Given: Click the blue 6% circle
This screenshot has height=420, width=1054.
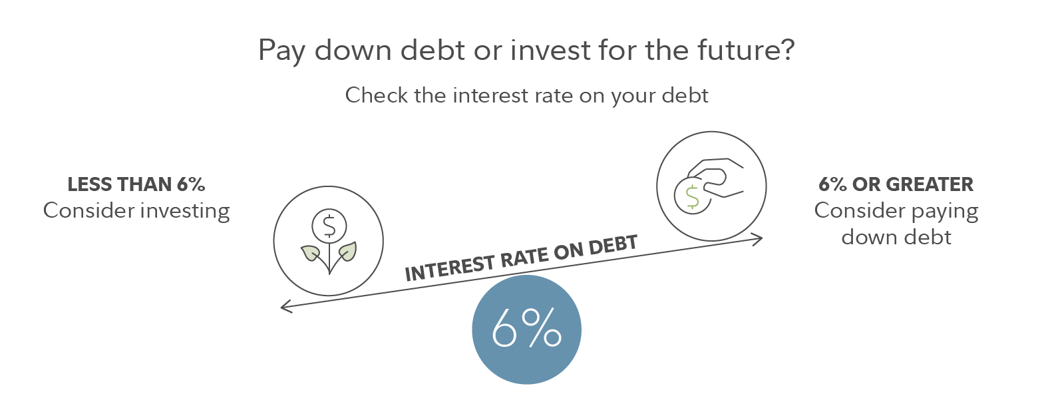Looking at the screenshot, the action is point(526,329).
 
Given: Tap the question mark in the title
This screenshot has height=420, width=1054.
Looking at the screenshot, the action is point(787,49).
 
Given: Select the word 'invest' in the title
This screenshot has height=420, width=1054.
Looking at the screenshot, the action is point(550,49).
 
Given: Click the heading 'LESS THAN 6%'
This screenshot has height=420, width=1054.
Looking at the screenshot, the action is point(136,184).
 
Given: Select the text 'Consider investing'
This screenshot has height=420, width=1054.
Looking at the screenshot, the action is point(136,211).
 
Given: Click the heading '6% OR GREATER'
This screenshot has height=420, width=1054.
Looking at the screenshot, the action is point(896,184).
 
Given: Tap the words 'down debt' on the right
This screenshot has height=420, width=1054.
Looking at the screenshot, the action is point(896,237).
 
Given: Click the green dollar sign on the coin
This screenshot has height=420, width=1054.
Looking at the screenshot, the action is point(692,197).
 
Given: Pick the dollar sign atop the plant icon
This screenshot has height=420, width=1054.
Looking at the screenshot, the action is point(329,226).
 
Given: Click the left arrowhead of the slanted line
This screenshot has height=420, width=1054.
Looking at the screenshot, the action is point(285,307).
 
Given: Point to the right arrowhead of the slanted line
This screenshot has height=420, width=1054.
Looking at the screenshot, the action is point(757,239).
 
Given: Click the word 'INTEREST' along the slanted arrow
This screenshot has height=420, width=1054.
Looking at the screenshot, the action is point(450,268).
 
